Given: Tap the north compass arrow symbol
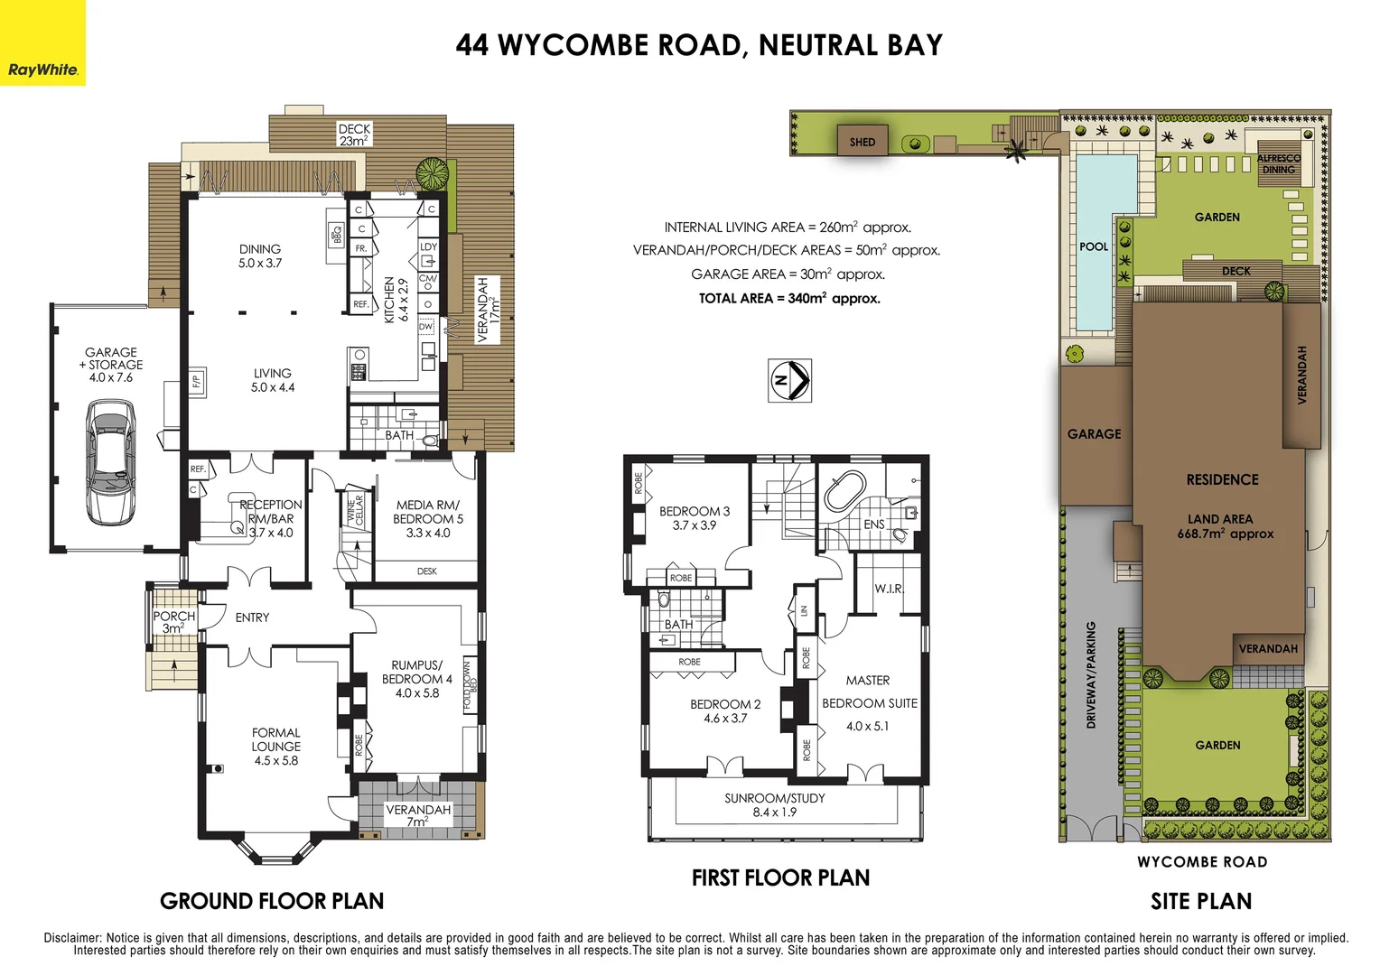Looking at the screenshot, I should [x=789, y=380].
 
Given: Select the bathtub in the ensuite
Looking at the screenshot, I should [x=845, y=491].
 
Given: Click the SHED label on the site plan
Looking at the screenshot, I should [x=862, y=142].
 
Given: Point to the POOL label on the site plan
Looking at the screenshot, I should [x=1093, y=246].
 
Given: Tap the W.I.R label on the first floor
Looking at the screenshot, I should [x=888, y=589].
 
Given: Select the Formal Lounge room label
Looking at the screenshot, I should [x=275, y=747].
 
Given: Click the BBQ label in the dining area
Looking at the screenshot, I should [x=336, y=235].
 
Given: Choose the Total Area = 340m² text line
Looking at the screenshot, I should [x=788, y=298].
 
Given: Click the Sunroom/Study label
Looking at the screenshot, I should [x=774, y=805].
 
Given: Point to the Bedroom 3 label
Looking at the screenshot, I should [x=694, y=518].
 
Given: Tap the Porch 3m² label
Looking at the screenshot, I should [x=173, y=622].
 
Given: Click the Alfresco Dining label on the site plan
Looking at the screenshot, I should [x=1278, y=163].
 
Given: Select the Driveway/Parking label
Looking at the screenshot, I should [x=1090, y=674].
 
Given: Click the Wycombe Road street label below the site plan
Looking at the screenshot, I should [x=1201, y=862].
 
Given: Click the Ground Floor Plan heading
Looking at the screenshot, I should [x=272, y=901].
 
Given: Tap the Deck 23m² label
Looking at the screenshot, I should [x=354, y=135].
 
